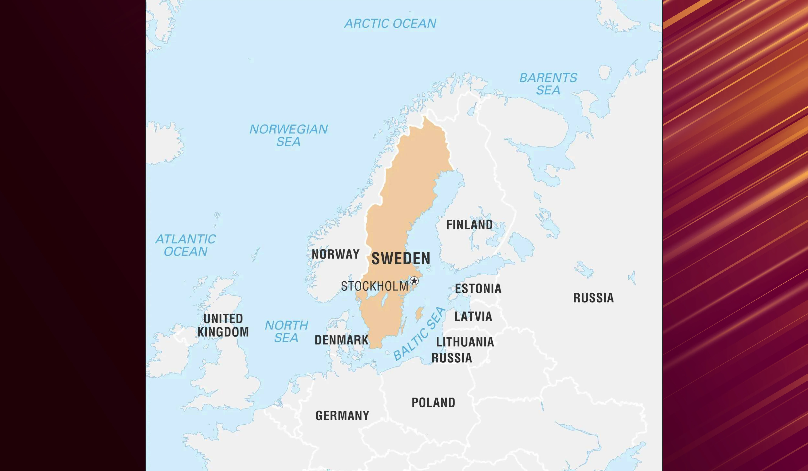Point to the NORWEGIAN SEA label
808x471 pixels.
coord(289,135)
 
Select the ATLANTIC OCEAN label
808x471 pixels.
coord(186,245)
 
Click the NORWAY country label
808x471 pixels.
coord(335,254)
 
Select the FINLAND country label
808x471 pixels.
coord(469,225)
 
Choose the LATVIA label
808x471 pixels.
coord(473,316)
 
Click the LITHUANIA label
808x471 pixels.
coord(465,342)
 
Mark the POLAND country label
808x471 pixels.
coord(433,402)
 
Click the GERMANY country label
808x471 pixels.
coord(342,416)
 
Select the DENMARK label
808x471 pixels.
coord(342,340)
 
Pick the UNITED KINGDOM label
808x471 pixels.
coord(223,325)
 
